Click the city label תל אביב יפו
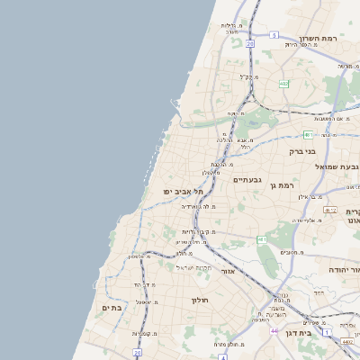[184, 192]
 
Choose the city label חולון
[200, 300]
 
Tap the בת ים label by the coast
[112, 308]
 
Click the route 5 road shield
[274, 35]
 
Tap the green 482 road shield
[283, 83]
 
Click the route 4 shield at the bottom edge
[222, 356]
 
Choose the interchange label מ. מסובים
[291, 254]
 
